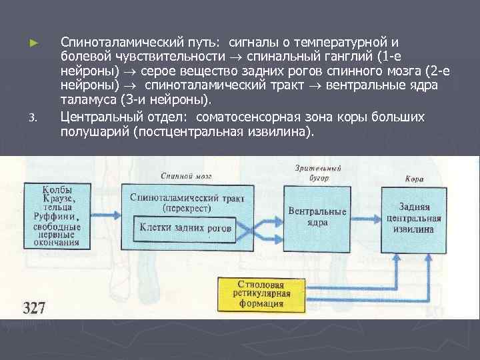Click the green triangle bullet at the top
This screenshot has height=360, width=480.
click(33, 42)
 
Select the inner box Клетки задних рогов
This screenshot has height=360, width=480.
click(185, 228)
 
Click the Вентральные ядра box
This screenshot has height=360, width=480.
click(317, 216)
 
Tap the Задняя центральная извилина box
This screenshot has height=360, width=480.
click(419, 217)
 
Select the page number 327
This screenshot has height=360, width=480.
click(34, 307)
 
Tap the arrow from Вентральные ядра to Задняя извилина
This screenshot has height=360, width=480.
click(365, 217)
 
